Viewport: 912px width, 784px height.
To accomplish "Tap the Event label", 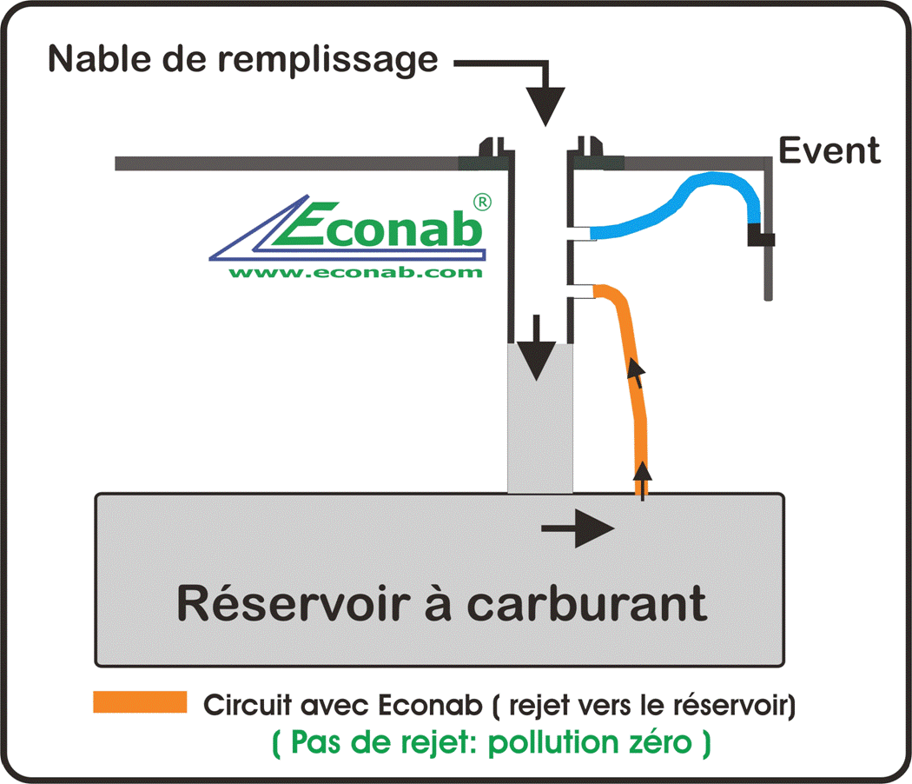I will point(829,150).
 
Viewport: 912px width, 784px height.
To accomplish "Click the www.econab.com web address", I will point(355,272).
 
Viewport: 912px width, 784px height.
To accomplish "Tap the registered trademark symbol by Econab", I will point(483,201).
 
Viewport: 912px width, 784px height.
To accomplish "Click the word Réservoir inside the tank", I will point(287,602).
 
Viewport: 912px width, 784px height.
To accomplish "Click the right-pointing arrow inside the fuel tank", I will point(578,528).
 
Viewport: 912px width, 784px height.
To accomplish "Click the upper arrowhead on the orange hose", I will point(638,373).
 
